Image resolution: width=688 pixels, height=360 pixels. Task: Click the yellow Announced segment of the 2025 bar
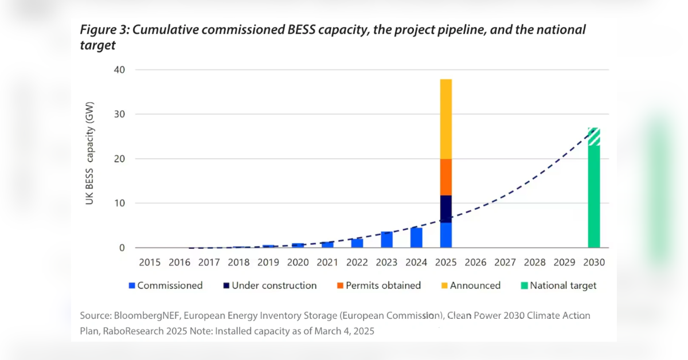tap(445, 119)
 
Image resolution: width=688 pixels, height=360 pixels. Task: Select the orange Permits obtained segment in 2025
tap(445, 177)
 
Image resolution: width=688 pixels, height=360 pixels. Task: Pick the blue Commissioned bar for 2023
tap(387, 240)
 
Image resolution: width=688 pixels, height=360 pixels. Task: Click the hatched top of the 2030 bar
tap(594, 136)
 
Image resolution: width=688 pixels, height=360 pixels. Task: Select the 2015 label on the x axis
tap(150, 263)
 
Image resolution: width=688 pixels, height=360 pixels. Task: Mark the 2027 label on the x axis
tap(505, 263)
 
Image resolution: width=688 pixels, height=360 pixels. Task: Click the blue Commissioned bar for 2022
tap(357, 243)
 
